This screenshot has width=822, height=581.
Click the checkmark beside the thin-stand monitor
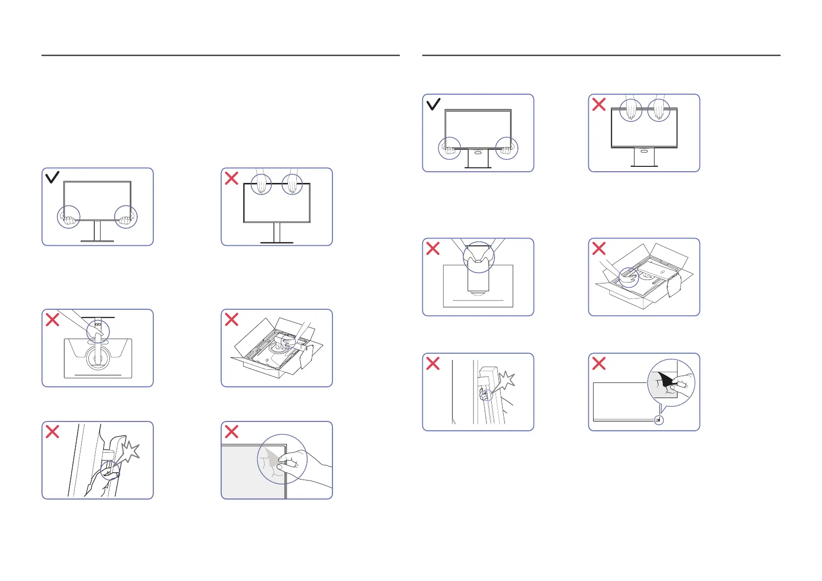tap(52, 177)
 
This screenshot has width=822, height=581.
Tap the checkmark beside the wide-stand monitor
tap(433, 104)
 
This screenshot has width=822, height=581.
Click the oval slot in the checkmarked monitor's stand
tap(478, 153)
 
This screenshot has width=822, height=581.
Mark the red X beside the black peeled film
tap(599, 363)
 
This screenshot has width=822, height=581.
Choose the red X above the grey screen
tap(231, 431)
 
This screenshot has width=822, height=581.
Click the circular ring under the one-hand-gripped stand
tap(98, 359)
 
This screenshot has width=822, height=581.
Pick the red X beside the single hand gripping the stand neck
tap(52, 320)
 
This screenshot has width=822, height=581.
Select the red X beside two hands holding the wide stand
tap(433, 248)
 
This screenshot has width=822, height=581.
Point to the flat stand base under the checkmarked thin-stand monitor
tap(97, 240)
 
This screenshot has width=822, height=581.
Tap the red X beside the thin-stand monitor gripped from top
tap(231, 178)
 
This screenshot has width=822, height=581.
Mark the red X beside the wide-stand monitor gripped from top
tap(599, 104)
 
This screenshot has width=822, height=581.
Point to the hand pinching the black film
tap(681, 383)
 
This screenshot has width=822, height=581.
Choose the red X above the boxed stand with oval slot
tap(599, 248)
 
